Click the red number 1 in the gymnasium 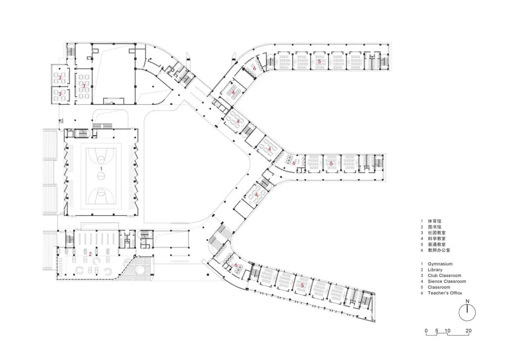point(102,169)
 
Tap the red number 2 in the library point(90,254)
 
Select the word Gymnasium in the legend point(440,264)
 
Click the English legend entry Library point(435,270)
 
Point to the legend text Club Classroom point(444,276)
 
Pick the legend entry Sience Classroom point(447,281)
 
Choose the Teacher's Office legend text point(445,293)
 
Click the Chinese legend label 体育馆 point(434,221)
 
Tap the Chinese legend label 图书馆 point(434,227)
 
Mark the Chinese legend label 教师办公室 point(439,251)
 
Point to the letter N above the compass point(467,301)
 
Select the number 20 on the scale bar point(468,331)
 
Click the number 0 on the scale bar point(426,331)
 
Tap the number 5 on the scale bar point(437,331)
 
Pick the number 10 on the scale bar point(448,331)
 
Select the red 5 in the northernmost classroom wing point(319,61)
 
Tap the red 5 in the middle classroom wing point(331,163)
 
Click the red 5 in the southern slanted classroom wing point(303,285)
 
